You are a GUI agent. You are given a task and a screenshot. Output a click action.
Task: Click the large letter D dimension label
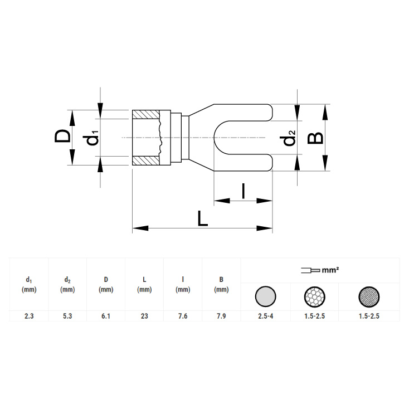[62, 136]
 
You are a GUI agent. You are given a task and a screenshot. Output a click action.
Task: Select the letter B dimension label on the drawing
[315, 138]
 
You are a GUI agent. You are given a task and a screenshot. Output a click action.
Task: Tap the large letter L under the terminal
[203, 218]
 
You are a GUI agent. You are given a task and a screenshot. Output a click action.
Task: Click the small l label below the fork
[244, 191]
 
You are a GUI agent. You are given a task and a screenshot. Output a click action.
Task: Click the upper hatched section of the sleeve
[146, 114]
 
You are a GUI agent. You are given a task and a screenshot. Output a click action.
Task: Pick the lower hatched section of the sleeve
[146, 160]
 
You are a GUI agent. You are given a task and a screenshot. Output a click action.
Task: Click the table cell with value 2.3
[29, 316]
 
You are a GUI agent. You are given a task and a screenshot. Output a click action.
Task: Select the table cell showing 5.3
[67, 316]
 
